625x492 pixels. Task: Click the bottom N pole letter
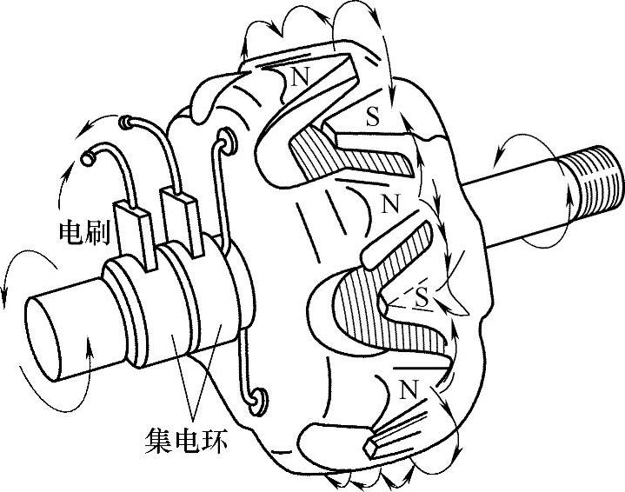[406, 390]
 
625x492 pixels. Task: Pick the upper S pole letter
[372, 118]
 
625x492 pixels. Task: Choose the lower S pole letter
[421, 297]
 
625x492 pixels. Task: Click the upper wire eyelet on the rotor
[227, 138]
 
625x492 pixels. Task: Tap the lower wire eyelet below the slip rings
[256, 400]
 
